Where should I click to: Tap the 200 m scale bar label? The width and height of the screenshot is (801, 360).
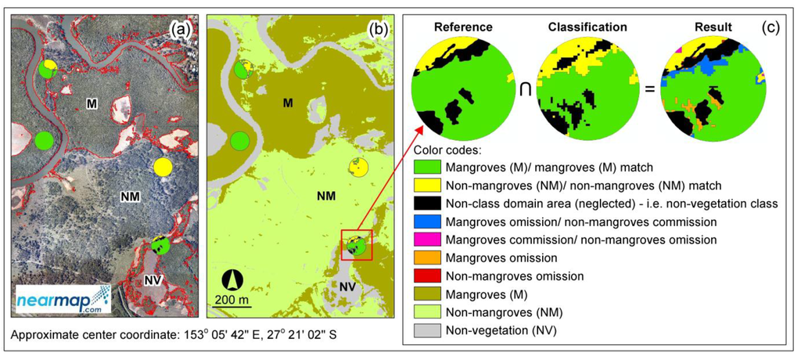(x=234, y=301)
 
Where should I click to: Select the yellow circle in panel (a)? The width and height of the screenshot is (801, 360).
(x=163, y=167)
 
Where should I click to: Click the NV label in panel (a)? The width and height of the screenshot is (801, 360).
(x=153, y=281)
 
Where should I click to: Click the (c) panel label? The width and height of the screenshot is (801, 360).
(x=770, y=27)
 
